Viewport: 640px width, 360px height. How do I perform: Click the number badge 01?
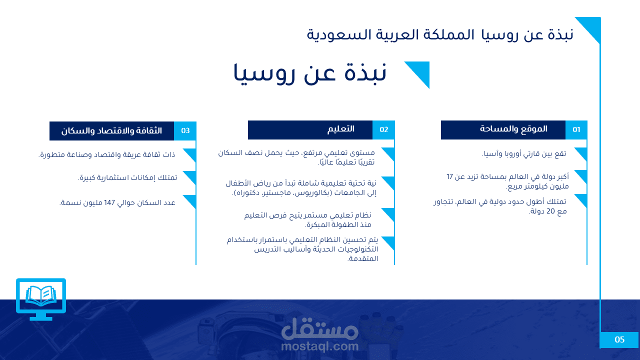576,130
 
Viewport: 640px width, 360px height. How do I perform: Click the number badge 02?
383,130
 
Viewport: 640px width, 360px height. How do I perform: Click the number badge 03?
185,131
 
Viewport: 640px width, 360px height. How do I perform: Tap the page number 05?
619,339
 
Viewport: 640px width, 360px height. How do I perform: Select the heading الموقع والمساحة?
513,129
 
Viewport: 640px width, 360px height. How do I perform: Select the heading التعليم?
341,129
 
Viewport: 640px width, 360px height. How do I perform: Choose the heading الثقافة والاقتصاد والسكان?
111,131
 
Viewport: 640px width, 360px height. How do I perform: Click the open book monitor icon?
41,299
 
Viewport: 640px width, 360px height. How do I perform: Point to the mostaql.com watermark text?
319,346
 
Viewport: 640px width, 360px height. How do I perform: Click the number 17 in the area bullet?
449,177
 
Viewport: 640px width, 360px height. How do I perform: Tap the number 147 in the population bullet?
109,203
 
